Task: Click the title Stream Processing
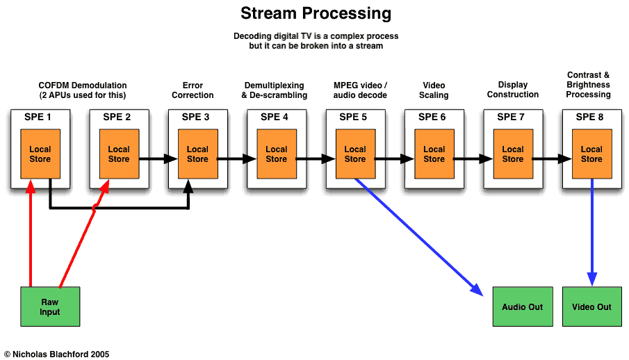(x=316, y=13)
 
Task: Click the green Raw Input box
(x=50, y=307)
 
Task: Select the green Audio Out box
(x=522, y=306)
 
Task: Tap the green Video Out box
(x=591, y=306)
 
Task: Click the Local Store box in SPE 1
(x=40, y=154)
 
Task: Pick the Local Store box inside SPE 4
(x=276, y=154)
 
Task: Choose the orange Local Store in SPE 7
(x=513, y=154)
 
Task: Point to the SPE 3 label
(x=196, y=117)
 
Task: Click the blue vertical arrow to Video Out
(x=591, y=229)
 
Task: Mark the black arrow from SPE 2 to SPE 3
(x=157, y=159)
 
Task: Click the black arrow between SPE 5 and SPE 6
(x=394, y=159)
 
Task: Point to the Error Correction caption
(x=193, y=90)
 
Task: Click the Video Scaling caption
(x=434, y=90)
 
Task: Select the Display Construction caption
(x=513, y=90)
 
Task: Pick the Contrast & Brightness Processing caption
(x=588, y=85)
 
